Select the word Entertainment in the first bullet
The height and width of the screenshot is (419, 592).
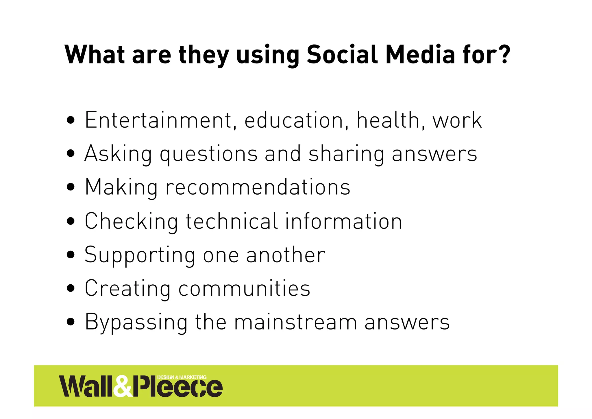[158, 120]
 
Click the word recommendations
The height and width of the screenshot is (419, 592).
[258, 187]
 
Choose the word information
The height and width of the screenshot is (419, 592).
[344, 221]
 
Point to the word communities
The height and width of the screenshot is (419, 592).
[244, 288]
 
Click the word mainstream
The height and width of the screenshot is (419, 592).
[295, 322]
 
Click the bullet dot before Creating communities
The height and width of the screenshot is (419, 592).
[71, 288]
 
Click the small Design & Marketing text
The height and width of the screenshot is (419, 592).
[182, 377]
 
